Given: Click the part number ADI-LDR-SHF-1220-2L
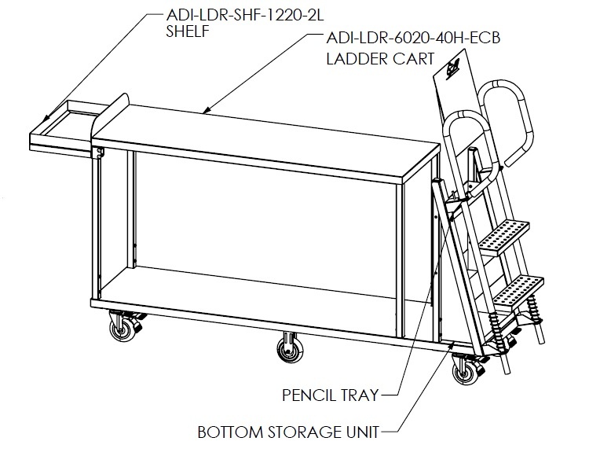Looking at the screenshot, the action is point(245,15).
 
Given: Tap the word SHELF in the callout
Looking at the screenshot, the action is point(188,31).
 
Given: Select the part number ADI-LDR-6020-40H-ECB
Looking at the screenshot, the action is point(413,38).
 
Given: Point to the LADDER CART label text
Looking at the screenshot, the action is point(380,59).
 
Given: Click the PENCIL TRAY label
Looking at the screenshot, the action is point(331,395).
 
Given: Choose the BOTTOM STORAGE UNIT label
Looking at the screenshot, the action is point(288,432).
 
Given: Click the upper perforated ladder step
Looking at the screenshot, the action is point(504,238).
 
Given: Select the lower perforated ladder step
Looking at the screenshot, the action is point(518,291).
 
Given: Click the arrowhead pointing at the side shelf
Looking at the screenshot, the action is point(46,119).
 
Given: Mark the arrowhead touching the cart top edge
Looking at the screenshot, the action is point(207,111).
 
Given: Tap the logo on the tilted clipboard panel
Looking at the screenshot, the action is point(453,69).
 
